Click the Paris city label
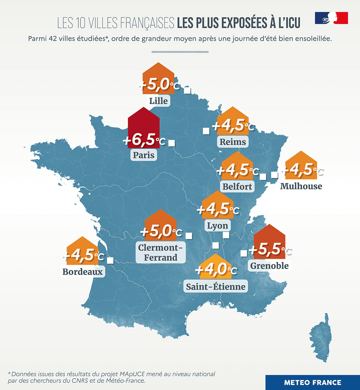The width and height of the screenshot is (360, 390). tap(144, 155)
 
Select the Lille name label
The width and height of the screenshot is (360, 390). tap(158, 101)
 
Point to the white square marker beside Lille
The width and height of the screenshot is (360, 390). tap(187, 90)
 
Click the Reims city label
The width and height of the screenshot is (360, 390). tap(233, 142)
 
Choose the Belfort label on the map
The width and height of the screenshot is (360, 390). tap(237, 186)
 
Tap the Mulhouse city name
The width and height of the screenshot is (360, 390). tap(301, 186)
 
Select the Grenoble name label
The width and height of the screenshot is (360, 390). tap(269, 266)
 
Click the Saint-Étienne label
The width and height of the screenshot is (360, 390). tap(216, 287)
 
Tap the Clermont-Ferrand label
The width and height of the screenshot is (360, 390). tap(160, 252)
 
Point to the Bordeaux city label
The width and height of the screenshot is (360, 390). tap(82, 272)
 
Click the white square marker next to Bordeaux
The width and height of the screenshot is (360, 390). tap(110, 260)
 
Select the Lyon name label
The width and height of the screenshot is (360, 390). tap(217, 225)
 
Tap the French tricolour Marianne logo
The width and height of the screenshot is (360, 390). tap(331, 18)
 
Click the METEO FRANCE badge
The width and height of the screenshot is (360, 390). tap(313, 382)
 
